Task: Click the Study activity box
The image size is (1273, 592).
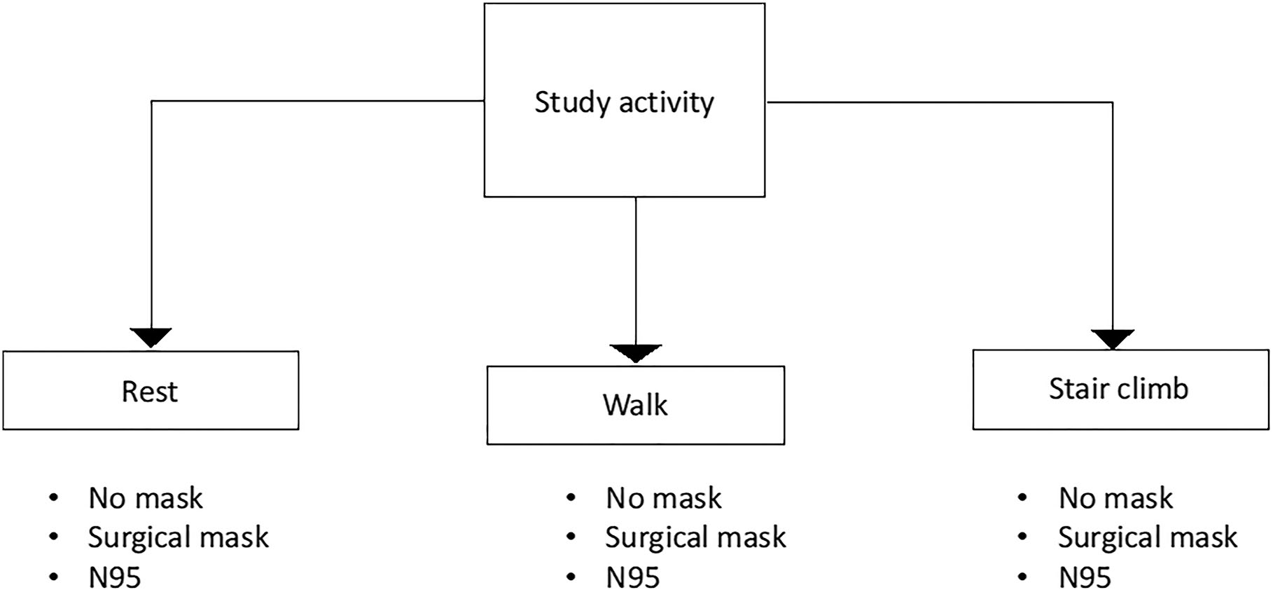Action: (624, 100)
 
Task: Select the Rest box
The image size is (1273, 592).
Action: (151, 391)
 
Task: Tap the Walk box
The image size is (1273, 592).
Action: (635, 405)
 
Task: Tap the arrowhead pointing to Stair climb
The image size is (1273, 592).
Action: (1112, 339)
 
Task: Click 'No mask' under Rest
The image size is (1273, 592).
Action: (146, 499)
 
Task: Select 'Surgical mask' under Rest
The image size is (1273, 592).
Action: (178, 538)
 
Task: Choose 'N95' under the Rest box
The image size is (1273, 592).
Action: (115, 578)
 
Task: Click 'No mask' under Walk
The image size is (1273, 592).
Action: (663, 499)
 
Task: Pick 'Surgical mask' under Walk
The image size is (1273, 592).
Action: (695, 538)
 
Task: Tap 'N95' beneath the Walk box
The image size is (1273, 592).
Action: (632, 578)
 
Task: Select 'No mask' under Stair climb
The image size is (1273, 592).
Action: (1115, 499)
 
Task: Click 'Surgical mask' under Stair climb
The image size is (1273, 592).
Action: (1148, 538)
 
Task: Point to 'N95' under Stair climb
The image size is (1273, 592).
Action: (1085, 578)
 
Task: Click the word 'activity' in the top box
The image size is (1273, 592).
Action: (666, 103)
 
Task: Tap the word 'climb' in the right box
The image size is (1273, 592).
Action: (1155, 389)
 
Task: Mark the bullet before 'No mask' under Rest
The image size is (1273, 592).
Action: (54, 499)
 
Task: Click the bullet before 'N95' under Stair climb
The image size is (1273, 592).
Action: (1022, 578)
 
